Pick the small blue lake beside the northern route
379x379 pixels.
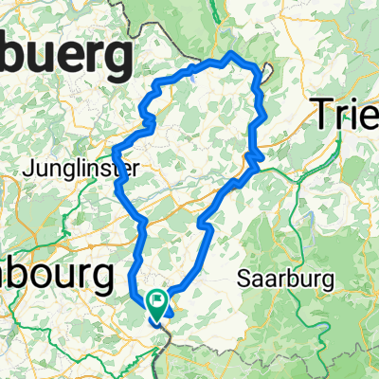[x=194, y=80]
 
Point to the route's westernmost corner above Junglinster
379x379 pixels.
[x=113, y=150]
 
